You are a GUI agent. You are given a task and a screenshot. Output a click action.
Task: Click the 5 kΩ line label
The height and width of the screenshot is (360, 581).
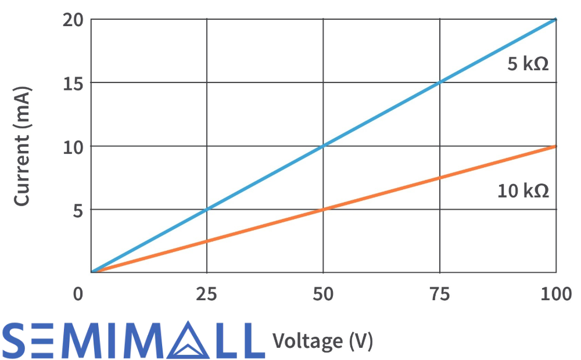coord(528,63)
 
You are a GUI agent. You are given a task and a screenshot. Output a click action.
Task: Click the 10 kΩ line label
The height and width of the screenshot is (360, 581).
coord(523,190)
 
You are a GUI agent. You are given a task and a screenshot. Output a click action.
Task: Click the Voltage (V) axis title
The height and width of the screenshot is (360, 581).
coord(322,340)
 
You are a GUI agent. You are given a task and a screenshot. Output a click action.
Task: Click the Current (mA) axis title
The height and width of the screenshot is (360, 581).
coord(21,146)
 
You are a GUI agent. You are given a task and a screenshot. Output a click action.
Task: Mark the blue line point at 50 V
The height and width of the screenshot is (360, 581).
coord(323,146)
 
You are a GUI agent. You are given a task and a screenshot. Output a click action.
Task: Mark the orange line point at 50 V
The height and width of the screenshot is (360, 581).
coord(323,209)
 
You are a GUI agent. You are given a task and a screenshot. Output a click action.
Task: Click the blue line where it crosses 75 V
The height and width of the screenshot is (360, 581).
coord(440,82)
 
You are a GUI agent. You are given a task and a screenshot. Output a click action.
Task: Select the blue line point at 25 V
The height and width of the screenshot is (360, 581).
coord(207,209)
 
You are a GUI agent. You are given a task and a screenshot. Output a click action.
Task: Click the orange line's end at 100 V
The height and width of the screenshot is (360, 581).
coord(555,146)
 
